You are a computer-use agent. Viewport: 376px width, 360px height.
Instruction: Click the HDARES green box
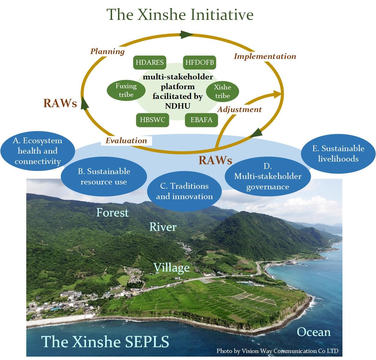(150, 63)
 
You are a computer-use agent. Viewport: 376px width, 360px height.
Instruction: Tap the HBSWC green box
(152, 120)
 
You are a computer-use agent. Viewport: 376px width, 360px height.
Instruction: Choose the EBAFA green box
(202, 120)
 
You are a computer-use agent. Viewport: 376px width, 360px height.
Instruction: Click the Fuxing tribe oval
(126, 91)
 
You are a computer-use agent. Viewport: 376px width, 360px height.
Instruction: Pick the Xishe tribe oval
(223, 92)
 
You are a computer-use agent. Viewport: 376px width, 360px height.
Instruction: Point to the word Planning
(108, 51)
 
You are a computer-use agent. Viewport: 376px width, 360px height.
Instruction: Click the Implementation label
(265, 56)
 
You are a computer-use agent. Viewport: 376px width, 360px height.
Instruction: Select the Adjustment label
(240, 109)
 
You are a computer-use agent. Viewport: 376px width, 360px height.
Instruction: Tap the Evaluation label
(126, 140)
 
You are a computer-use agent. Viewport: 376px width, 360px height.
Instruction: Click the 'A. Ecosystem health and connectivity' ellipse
(38, 151)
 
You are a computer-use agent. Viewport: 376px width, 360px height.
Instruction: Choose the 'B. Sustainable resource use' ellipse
(104, 177)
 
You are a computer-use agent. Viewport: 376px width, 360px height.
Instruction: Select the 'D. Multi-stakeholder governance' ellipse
(267, 176)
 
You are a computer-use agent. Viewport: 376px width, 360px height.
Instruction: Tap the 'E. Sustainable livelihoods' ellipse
(338, 154)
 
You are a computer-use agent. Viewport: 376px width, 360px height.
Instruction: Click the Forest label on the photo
(113, 213)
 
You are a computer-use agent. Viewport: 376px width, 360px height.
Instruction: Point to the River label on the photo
(163, 227)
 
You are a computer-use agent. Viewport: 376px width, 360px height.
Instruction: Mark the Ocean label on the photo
(313, 332)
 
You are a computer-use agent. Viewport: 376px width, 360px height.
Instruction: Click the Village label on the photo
(171, 268)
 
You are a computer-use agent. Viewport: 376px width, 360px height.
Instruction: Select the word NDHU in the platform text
(177, 106)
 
